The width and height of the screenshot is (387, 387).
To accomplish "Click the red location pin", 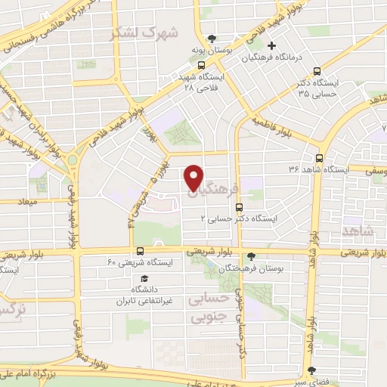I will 193,177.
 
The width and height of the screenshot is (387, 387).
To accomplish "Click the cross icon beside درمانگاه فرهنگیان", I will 272,46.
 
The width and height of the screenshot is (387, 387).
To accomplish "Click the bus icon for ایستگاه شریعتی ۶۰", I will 140,252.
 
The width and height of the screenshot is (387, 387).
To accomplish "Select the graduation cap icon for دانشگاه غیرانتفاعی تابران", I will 144,278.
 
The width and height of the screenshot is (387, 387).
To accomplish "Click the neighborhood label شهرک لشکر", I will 143,33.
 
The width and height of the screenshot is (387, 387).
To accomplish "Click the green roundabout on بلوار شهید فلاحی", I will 76,161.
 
